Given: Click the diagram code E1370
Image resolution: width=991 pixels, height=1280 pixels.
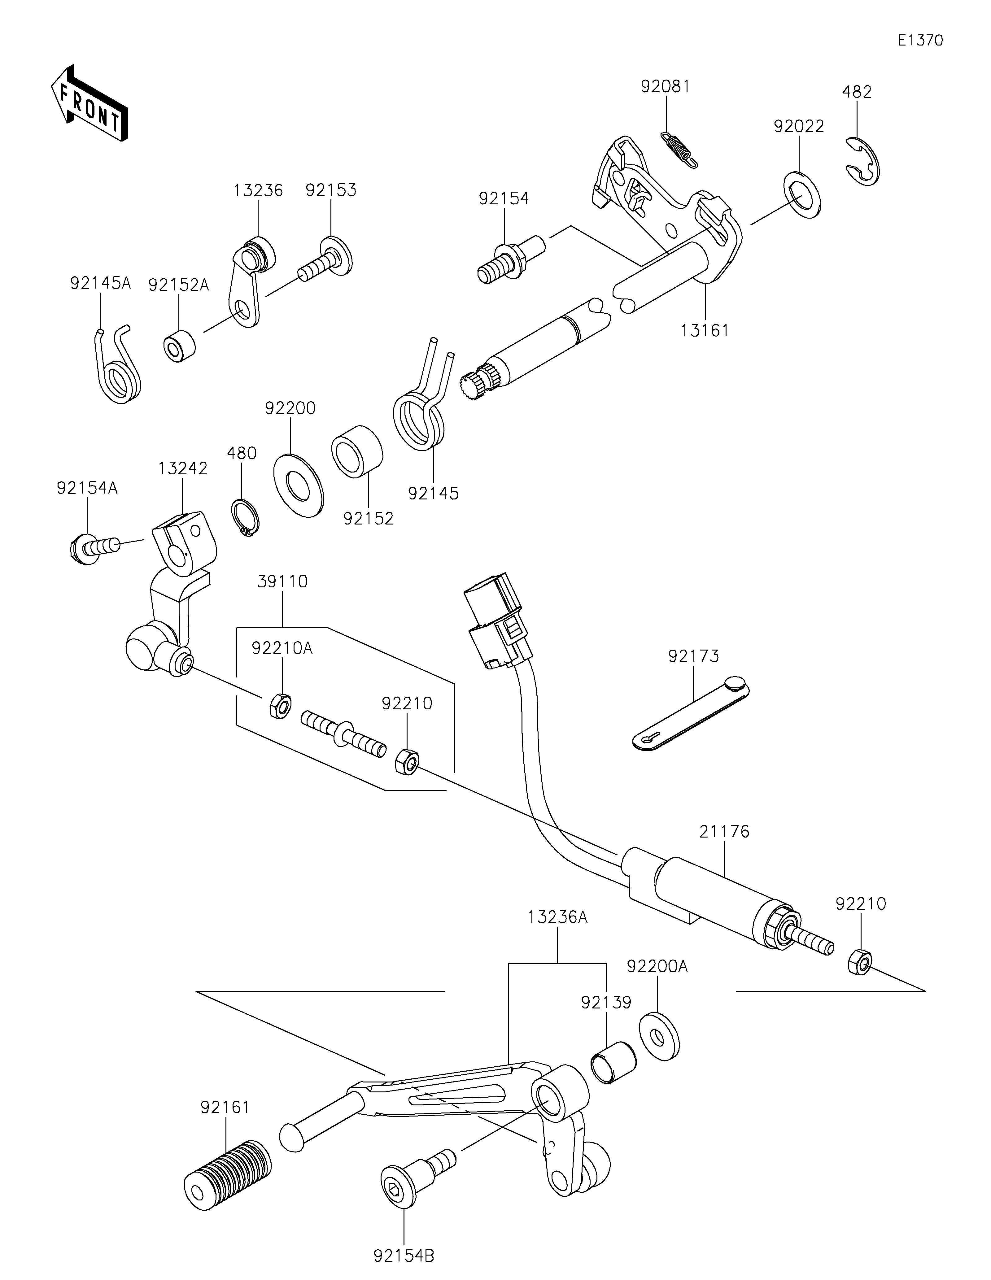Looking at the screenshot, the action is (920, 41).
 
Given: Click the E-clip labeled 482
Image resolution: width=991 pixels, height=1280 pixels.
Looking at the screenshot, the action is (863, 160).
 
